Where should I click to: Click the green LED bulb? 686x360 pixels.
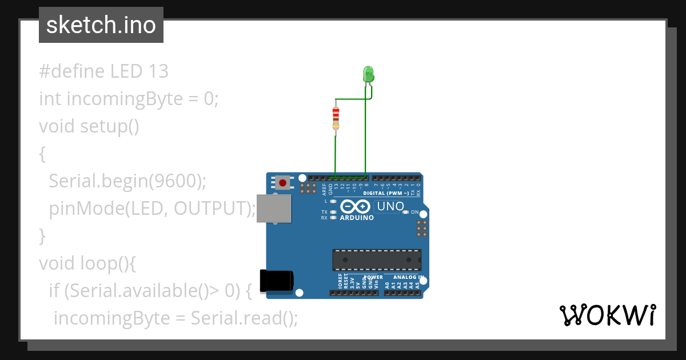click(368, 73)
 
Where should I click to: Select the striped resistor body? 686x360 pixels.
click(336, 117)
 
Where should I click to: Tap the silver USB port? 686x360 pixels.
click(274, 208)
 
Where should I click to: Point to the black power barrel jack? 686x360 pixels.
click(277, 280)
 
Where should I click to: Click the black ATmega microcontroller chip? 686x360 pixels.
click(377, 259)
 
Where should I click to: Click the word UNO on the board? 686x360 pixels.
click(391, 206)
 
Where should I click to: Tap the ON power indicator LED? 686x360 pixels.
click(405, 212)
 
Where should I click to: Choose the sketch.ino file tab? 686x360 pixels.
click(101, 25)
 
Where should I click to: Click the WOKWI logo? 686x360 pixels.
click(607, 315)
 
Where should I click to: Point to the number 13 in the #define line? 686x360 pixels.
click(158, 71)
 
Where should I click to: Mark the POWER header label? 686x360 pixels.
click(373, 277)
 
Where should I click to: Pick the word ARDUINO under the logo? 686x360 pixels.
click(357, 218)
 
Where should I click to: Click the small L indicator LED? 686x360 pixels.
click(333, 201)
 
